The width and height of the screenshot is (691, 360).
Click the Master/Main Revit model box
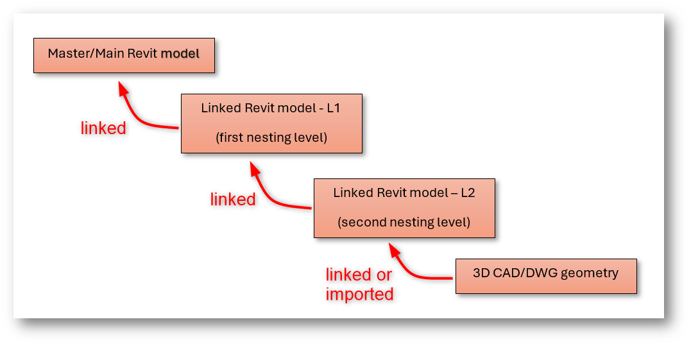tap(124, 55)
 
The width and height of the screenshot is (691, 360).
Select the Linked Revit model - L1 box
tap(271, 123)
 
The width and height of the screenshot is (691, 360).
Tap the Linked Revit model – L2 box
tap(404, 208)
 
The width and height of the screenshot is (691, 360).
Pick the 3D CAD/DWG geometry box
tap(546, 276)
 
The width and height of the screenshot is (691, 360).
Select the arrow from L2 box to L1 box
tap(269, 193)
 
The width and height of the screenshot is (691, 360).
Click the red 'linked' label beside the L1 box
tap(103, 128)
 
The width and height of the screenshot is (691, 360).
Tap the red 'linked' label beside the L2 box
tap(233, 200)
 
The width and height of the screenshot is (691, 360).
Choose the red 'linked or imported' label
tap(359, 284)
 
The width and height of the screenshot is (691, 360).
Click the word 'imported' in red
tap(359, 295)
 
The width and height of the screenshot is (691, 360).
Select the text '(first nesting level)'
tap(271, 137)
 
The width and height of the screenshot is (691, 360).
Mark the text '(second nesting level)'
tap(404, 223)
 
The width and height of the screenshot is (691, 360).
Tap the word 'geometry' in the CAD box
tap(589, 273)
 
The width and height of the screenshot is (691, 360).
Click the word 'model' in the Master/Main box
tap(180, 53)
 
